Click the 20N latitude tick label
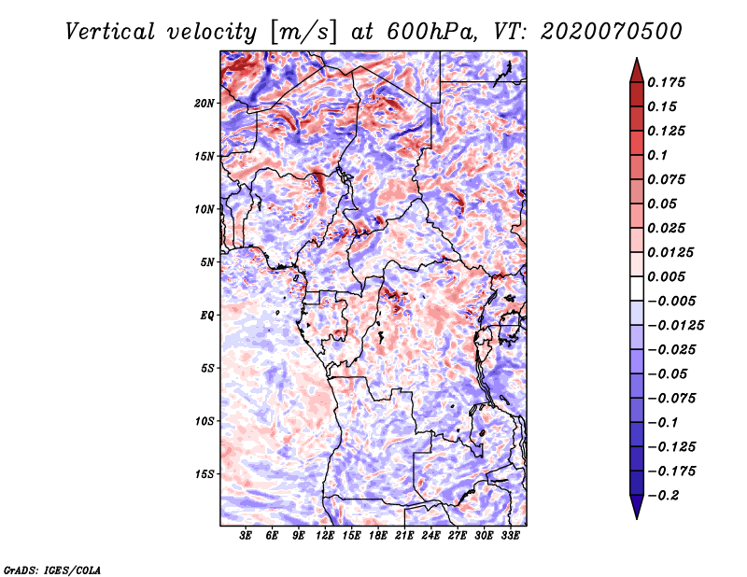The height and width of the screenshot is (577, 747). (204, 104)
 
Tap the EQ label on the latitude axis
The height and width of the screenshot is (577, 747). (207, 316)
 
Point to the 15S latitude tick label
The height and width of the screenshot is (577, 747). (204, 474)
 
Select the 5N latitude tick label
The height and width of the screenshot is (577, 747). (207, 262)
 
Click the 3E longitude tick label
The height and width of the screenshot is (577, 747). (246, 536)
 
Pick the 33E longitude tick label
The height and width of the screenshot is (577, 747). (510, 536)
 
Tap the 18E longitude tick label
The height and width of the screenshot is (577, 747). (378, 536)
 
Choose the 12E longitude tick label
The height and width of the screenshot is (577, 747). (325, 536)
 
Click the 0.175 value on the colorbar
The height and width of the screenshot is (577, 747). (666, 82)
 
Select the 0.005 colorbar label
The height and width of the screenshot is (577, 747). (666, 276)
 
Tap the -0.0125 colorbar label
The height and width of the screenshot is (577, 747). (675, 326)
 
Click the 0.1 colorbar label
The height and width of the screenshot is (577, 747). (657, 155)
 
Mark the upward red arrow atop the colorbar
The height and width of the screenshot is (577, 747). (637, 70)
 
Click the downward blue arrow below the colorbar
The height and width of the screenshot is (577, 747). (637, 507)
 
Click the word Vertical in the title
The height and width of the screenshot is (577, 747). (110, 32)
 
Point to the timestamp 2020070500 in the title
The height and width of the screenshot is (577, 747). (612, 32)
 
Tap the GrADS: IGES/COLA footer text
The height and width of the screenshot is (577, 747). (52, 570)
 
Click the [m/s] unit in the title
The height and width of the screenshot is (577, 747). (303, 32)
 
